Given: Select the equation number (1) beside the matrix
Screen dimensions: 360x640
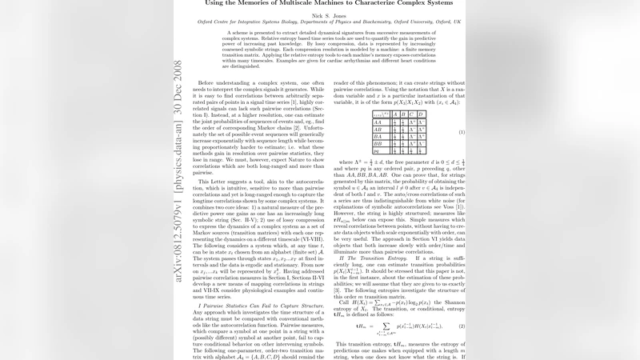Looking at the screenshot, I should pos(462,131).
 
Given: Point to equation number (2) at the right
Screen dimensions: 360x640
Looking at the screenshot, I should pos(462,304).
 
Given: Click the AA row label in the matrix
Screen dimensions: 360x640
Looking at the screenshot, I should pos(355,122).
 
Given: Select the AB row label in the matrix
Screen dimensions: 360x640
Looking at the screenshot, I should pos(355,130).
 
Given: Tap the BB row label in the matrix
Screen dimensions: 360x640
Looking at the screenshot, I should pos(355,144).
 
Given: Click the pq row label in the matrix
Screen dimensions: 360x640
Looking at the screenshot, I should pos(354,151).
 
